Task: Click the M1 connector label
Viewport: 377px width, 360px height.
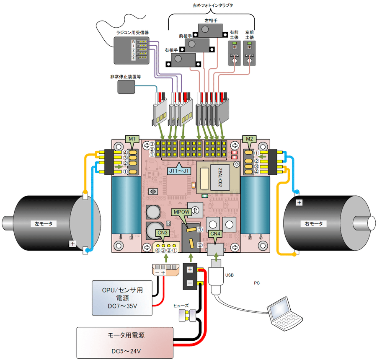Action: [x=132, y=139]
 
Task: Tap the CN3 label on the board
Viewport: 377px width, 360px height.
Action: [x=163, y=233]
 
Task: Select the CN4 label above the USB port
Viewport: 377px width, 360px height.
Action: [x=214, y=233]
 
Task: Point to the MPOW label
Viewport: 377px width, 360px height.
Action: [x=181, y=212]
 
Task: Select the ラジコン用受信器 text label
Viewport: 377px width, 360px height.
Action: [x=132, y=32]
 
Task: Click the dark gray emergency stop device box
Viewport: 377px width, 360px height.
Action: [x=127, y=87]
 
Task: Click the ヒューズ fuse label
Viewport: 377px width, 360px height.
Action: [x=183, y=306]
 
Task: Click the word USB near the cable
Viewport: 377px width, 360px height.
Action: [x=230, y=275]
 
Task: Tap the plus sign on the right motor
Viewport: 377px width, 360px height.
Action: [x=299, y=203]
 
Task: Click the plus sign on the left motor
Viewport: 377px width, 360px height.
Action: [x=72, y=243]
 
